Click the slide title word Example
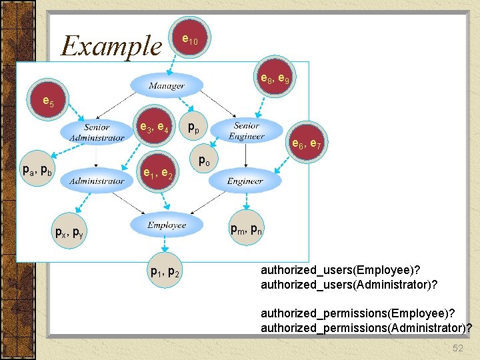pyautogui.click(x=111, y=46)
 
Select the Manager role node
pyautogui.click(x=167, y=85)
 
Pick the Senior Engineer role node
pyautogui.click(x=247, y=131)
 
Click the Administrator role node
pyautogui.click(x=97, y=181)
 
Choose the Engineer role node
pyautogui.click(x=245, y=181)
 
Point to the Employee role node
pyautogui.click(x=167, y=225)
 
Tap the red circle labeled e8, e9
pyautogui.click(x=274, y=79)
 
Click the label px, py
pyautogui.click(x=69, y=233)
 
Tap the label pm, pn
pyautogui.click(x=246, y=230)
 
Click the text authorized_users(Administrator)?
pyautogui.click(x=349, y=285)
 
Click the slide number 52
pyautogui.click(x=458, y=348)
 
